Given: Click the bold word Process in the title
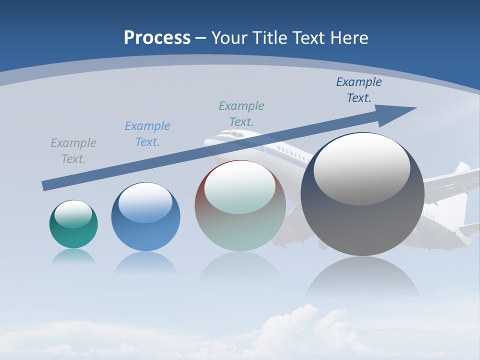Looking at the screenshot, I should [x=157, y=38].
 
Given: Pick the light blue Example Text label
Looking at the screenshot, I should [x=147, y=134].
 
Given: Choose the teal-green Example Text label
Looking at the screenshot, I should [x=241, y=114].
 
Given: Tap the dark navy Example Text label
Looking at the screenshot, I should [x=359, y=90].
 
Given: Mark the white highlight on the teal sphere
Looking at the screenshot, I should [x=73, y=214].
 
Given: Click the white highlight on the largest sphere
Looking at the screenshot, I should [x=361, y=168].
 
